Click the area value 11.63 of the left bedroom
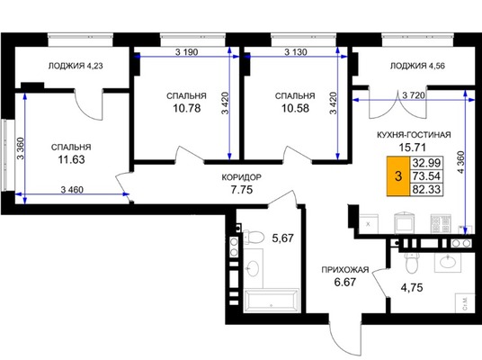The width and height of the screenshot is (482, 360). (71, 160)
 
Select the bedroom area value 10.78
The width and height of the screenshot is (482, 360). (187, 108)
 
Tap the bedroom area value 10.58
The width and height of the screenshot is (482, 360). (296, 108)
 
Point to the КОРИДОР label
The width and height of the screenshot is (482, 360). (242, 177)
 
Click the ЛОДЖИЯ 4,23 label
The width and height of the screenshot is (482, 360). (76, 66)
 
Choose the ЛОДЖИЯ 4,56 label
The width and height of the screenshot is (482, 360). (417, 66)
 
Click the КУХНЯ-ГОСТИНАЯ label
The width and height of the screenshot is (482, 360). (414, 135)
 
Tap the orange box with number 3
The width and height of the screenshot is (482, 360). (398, 176)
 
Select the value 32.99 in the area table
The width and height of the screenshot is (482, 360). (426, 163)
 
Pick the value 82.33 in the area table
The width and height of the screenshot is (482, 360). (426, 189)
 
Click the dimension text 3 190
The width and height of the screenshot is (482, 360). (186, 52)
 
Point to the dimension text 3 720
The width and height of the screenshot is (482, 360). (414, 95)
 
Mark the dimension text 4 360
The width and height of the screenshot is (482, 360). (461, 162)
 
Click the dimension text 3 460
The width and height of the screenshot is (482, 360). (72, 190)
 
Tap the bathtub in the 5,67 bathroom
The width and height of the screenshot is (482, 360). (272, 301)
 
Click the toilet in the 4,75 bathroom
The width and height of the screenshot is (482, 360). (410, 263)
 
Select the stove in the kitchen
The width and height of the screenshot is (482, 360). (441, 223)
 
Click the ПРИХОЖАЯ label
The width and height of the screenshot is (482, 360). (345, 270)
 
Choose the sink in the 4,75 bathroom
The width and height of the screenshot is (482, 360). (448, 262)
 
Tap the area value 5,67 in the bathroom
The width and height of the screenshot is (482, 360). (283, 238)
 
